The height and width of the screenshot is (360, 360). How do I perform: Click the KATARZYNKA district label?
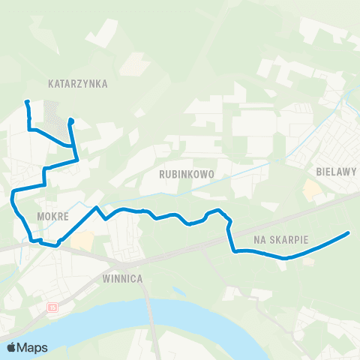pos(78,85)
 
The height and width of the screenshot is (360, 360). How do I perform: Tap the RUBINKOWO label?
pos(187,174)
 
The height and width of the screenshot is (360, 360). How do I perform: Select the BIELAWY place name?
pos(335,172)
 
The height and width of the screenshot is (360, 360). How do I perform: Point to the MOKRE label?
pos(52,216)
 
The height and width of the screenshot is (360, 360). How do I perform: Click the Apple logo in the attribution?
pos(12,347)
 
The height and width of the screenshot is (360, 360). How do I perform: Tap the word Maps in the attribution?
pos(33,347)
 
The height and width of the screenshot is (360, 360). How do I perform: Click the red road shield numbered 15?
pos(52,307)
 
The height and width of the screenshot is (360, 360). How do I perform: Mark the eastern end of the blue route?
pos(349,233)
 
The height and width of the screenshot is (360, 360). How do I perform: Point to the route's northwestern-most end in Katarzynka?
pos(27,101)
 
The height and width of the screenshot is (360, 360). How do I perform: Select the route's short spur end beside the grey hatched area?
pos(70,120)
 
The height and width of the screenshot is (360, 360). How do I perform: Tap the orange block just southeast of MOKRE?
pos(84,241)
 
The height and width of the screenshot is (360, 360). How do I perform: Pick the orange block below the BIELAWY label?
pos(310,188)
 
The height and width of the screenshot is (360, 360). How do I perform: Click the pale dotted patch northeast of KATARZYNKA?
pos(132,65)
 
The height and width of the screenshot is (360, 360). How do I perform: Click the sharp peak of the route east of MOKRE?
pos(97,207)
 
